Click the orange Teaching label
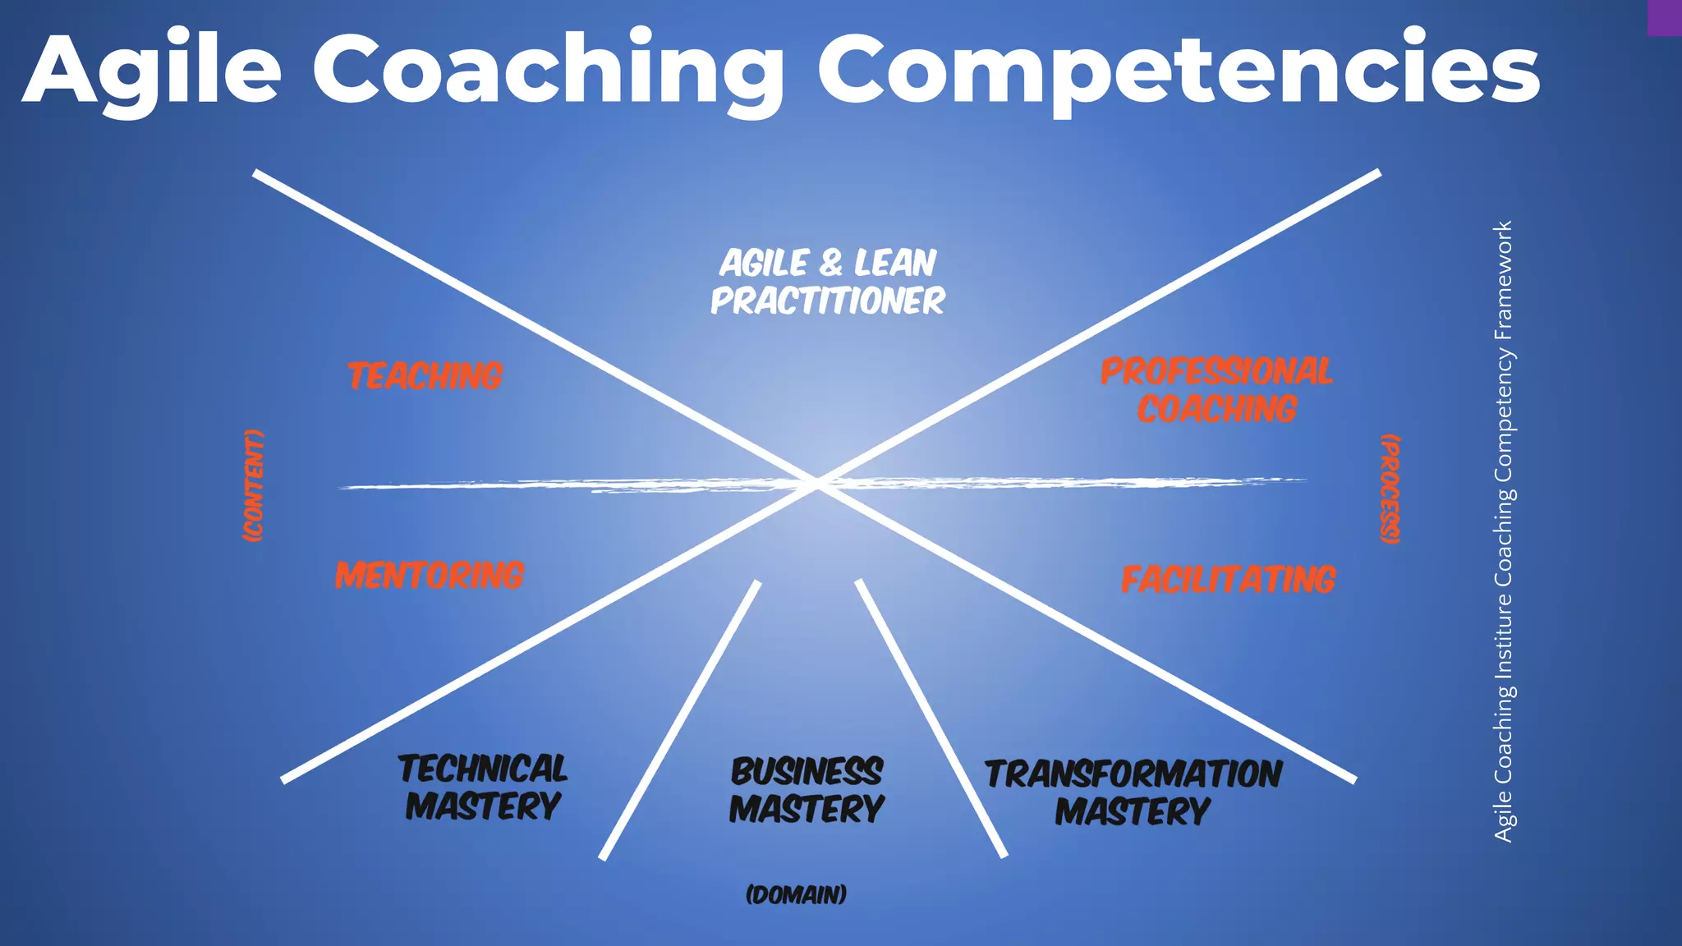tap(425, 376)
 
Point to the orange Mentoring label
tap(430, 575)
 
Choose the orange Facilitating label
tap(1228, 580)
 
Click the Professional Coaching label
tap(1216, 390)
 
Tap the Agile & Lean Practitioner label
tap(828, 282)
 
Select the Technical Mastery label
tap(483, 788)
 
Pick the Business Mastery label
tap(807, 790)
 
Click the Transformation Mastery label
tap(1133, 792)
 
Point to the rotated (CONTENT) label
tap(254, 485)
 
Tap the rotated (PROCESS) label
tap(1390, 489)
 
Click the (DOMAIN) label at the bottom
tap(796, 894)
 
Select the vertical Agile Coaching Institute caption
tap(1503, 531)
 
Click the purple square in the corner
tap(1664, 17)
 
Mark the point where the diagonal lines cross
tap(817, 484)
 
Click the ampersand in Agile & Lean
tap(830, 264)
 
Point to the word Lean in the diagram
tap(894, 264)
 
